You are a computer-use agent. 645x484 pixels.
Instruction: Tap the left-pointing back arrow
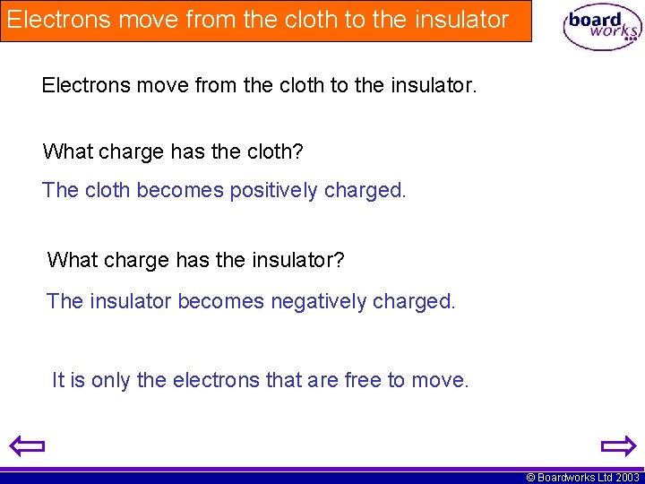tap(27, 445)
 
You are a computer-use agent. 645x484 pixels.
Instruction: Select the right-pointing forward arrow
tap(617, 445)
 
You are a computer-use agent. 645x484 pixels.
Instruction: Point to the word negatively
tap(318, 301)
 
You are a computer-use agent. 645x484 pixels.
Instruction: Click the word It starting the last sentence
tap(58, 380)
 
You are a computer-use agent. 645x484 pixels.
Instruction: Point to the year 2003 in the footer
tap(627, 478)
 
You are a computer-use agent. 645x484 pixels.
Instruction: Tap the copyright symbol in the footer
tap(530, 478)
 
